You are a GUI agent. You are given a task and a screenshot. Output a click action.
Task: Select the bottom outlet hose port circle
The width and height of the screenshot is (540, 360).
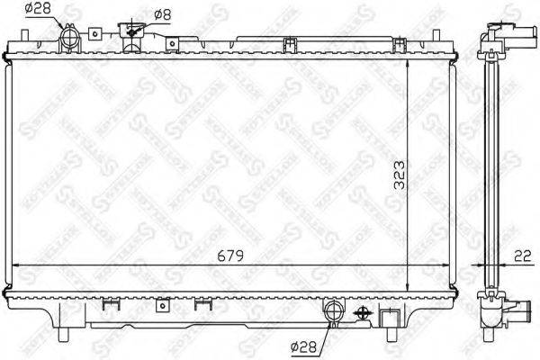333,312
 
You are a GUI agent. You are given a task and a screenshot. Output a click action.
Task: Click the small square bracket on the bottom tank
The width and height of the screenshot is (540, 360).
162,304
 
